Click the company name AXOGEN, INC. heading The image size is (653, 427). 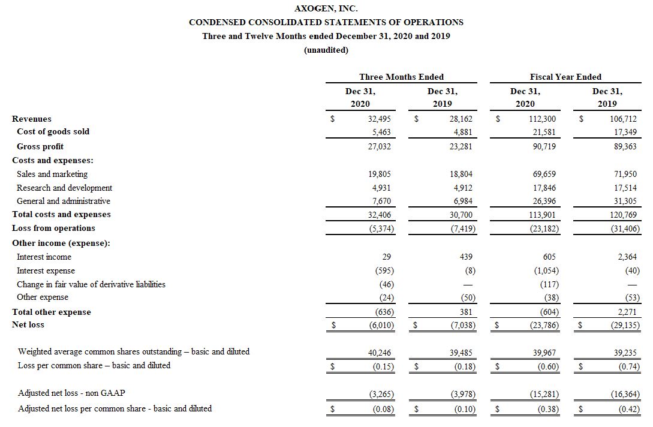click(326, 8)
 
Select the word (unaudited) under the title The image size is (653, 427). click(326, 50)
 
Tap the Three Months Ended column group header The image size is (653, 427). click(401, 77)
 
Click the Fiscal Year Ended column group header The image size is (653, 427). click(565, 77)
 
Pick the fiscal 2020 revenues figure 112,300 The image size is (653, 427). click(543, 119)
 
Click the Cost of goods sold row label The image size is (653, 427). click(53, 131)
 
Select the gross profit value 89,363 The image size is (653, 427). click(625, 146)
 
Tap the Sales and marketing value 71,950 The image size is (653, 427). click(625, 174)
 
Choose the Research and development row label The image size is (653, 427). click(64, 188)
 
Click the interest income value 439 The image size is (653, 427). click(466, 257)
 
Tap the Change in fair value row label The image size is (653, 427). click(91, 284)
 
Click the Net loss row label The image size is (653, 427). click(28, 324)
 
